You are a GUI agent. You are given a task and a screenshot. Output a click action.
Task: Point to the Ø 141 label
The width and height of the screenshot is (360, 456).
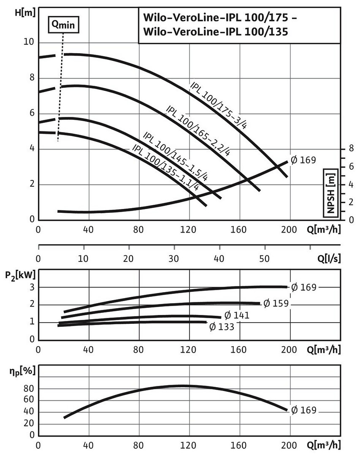[x=237, y=315]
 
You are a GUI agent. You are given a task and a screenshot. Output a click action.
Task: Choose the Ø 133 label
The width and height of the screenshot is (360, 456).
[x=222, y=326]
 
